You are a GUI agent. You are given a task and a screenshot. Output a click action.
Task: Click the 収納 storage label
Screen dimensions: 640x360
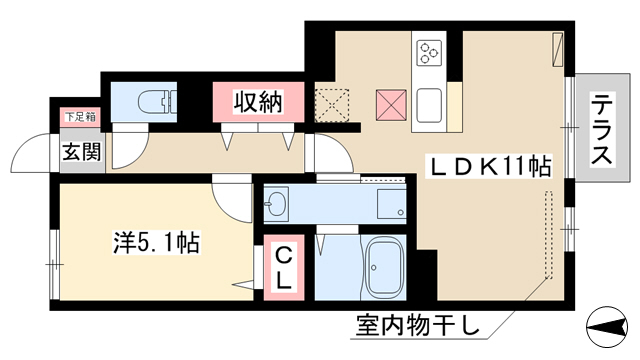point(258,102)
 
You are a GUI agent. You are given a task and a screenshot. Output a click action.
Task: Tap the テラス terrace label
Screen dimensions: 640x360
point(602,129)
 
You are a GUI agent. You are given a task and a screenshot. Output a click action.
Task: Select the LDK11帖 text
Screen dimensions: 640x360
point(489,166)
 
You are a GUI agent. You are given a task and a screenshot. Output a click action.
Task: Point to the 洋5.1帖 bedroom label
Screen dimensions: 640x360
point(157,242)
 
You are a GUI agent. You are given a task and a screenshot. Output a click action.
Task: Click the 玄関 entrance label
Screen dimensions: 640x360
point(81,152)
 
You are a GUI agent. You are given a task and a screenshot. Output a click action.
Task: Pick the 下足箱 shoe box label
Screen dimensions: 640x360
point(80,117)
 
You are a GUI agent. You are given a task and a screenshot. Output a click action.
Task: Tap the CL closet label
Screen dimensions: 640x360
point(284,268)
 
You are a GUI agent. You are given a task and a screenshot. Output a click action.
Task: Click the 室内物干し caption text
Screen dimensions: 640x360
point(418,325)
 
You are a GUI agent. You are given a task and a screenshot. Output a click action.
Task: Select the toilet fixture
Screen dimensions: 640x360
point(157,101)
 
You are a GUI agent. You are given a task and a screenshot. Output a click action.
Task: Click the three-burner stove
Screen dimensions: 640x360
point(429,53)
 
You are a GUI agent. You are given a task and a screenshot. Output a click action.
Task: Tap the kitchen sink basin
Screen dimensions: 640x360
point(429,105)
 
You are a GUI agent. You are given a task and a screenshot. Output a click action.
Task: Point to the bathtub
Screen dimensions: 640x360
point(383,267)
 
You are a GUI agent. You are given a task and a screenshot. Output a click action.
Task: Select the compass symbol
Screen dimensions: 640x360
point(607,327)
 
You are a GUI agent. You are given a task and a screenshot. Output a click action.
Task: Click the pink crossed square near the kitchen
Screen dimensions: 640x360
point(391,105)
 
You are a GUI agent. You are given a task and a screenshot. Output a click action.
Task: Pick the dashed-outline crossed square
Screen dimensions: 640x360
point(332,105)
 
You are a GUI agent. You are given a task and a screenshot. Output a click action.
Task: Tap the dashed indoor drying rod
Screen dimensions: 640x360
point(549,235)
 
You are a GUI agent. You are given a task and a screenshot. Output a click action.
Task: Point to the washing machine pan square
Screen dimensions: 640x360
point(391,204)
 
